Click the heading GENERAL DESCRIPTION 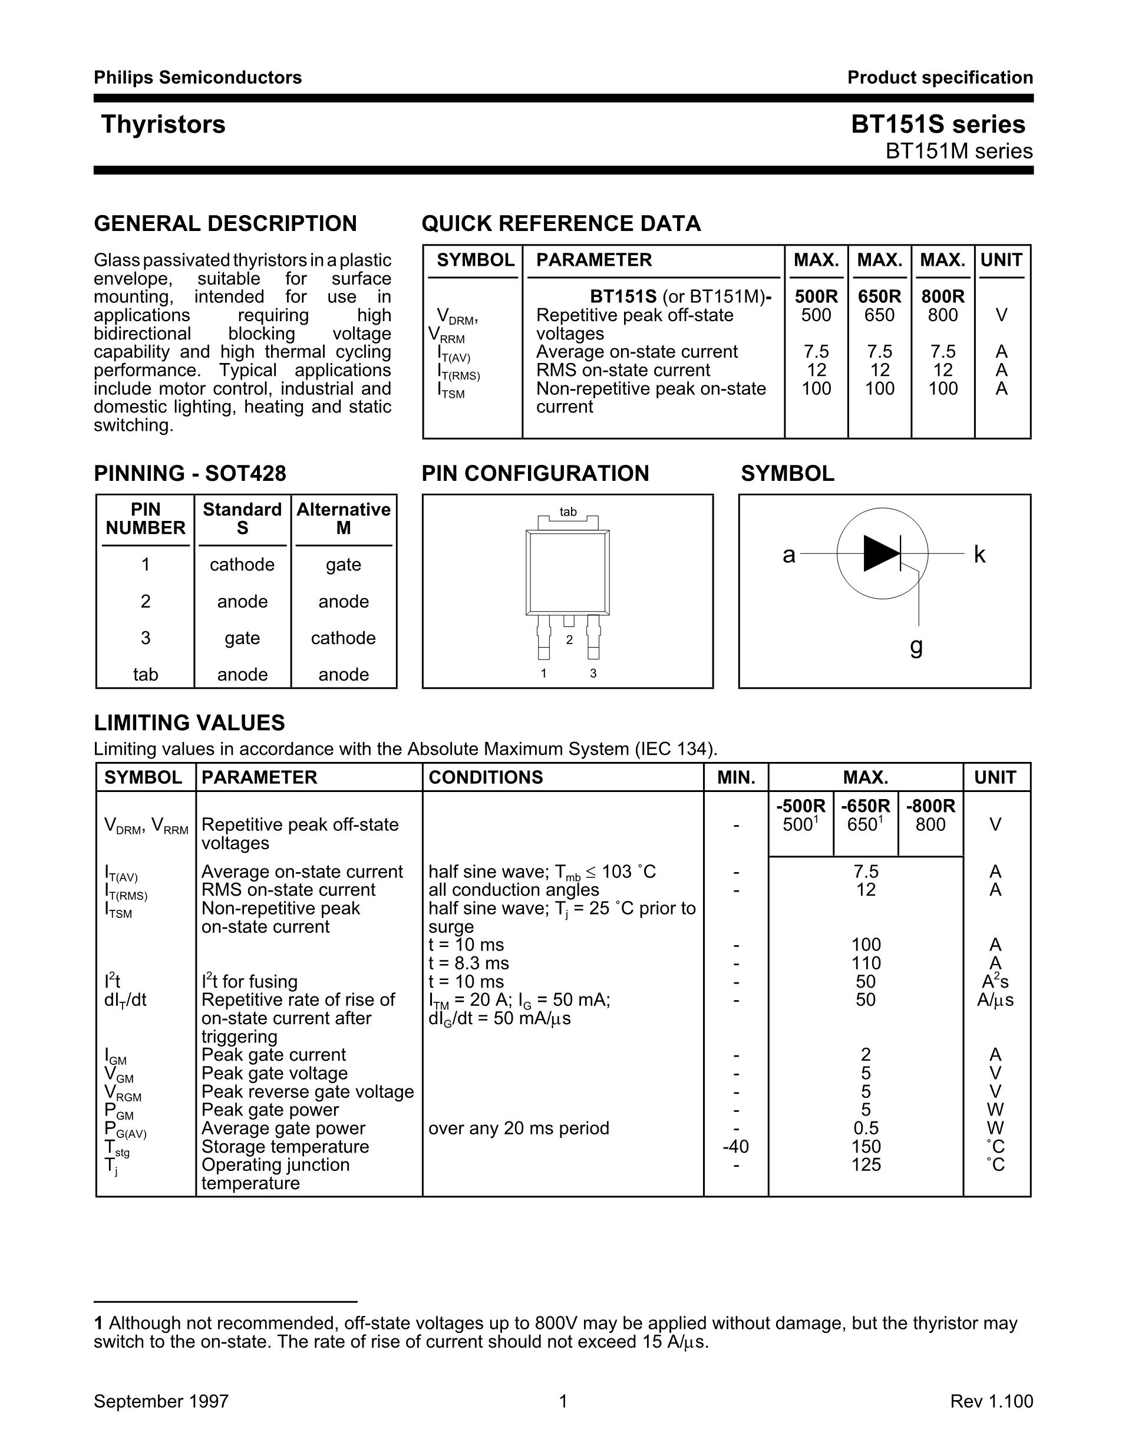[x=225, y=223]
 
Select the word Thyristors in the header [x=163, y=124]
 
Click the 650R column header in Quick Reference [x=879, y=296]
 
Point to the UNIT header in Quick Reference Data [x=1001, y=260]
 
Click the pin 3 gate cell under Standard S [x=242, y=638]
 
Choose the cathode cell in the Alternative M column [x=343, y=638]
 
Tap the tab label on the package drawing [x=567, y=512]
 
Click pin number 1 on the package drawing [x=544, y=674]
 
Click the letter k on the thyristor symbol [x=979, y=555]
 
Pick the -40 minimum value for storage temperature [x=735, y=1147]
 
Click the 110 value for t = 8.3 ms [x=866, y=963]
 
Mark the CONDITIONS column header [x=485, y=777]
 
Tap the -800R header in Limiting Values [x=930, y=806]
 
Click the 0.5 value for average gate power [x=866, y=1128]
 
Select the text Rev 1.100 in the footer [x=991, y=1401]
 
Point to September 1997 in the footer [x=161, y=1401]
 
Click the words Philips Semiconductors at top [x=197, y=78]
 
